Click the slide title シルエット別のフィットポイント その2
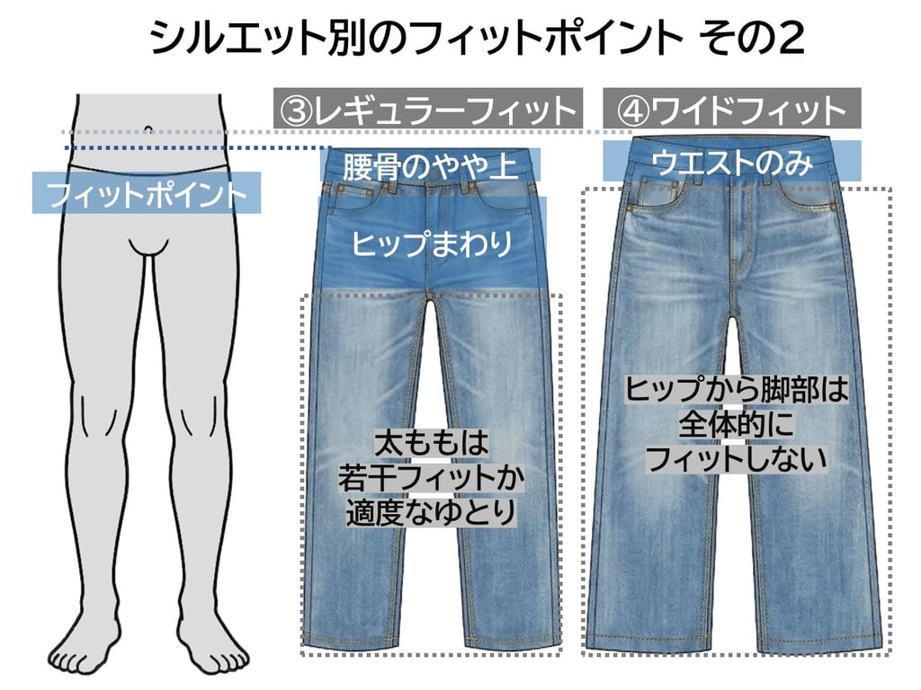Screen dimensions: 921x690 click(x=477, y=40)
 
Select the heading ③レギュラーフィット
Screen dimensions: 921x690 click(x=428, y=111)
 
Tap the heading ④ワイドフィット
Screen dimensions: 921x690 click(x=732, y=111)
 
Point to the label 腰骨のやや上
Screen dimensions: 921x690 click(x=430, y=165)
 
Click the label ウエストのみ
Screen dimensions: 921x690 click(x=731, y=163)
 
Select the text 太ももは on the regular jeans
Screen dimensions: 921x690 click(x=430, y=443)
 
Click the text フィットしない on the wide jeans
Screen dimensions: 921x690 click(x=736, y=459)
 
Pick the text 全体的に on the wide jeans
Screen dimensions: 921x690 click(x=736, y=425)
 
